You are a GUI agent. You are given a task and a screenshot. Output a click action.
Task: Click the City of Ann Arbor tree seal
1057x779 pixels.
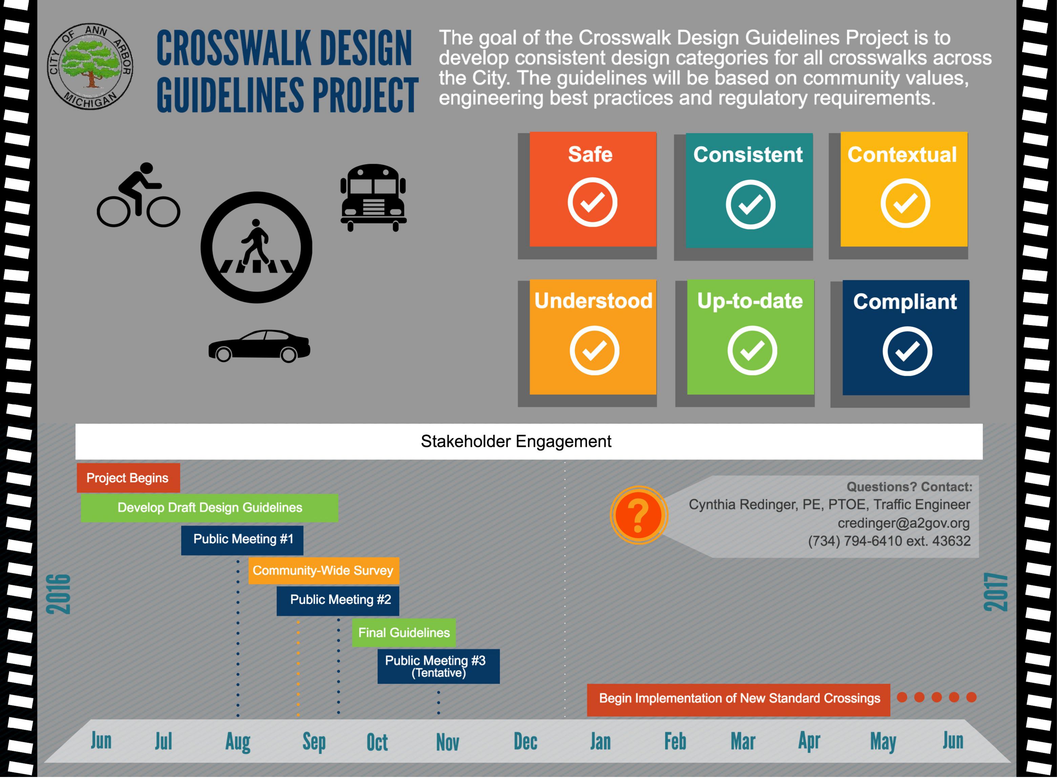[x=90, y=66]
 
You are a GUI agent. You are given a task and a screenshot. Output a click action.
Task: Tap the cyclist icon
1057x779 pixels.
[x=138, y=195]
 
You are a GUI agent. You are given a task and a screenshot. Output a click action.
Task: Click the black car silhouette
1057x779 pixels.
[x=259, y=346]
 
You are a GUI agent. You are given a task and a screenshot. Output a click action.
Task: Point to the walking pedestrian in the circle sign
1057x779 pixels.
[x=255, y=242]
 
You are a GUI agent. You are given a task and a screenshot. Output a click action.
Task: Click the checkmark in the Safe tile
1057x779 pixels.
[x=592, y=202]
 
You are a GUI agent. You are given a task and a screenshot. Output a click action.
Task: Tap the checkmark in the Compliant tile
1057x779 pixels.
[x=907, y=351]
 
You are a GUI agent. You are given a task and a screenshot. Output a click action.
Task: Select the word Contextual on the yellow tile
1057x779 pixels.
[x=902, y=155]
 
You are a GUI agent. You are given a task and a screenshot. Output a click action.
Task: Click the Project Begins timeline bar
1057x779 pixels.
[x=128, y=478]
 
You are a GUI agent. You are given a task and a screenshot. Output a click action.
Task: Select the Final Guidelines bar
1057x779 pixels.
[x=404, y=633]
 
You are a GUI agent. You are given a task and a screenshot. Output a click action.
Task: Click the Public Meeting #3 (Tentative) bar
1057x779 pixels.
[x=439, y=666]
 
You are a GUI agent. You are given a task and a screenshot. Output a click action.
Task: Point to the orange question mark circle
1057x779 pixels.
[x=638, y=515]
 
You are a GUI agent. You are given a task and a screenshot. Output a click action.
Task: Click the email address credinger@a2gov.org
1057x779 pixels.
[x=903, y=523]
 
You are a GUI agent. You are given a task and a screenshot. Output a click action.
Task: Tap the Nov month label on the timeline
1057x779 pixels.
[x=447, y=742]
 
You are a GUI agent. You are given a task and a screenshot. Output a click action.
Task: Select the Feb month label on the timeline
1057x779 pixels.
[x=675, y=741]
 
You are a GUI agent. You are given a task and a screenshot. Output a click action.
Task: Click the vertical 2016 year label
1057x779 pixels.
[x=59, y=594]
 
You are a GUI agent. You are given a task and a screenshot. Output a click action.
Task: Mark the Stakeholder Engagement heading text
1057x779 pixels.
[x=516, y=441]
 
